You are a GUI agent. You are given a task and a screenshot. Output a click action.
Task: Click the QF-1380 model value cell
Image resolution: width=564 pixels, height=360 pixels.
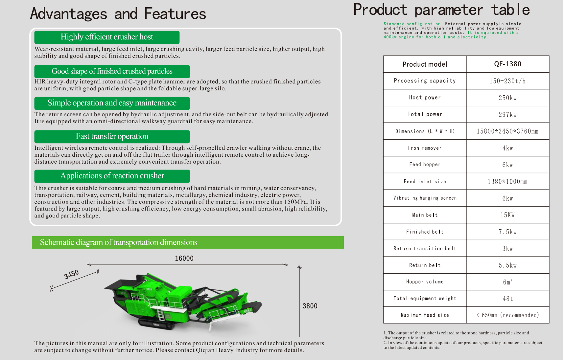pos(507,64)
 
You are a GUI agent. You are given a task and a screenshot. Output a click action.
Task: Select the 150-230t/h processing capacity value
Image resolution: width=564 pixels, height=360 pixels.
pos(507,81)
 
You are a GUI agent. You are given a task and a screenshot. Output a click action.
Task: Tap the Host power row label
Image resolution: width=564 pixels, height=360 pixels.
pos(425,98)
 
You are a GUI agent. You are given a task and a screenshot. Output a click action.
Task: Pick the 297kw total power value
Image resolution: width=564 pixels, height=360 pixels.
pos(507,115)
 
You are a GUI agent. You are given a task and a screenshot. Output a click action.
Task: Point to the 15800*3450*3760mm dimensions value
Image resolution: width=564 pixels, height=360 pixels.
pos(507,131)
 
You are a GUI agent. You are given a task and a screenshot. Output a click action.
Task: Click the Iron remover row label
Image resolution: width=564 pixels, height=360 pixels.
pos(425,148)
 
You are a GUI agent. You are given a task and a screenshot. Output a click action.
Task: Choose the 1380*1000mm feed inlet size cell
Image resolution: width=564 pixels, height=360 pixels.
pos(507,182)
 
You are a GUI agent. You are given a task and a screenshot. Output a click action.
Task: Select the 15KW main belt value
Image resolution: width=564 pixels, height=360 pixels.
pos(507,215)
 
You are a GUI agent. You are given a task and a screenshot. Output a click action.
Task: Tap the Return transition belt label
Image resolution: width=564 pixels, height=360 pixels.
pos(425,249)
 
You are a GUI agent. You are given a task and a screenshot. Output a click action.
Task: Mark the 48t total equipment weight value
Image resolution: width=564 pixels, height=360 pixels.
pos(507,299)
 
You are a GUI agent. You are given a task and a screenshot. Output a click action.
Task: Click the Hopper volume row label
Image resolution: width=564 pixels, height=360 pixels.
pos(425,282)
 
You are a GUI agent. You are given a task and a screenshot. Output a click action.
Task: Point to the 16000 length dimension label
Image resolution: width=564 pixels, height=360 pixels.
pos(184,259)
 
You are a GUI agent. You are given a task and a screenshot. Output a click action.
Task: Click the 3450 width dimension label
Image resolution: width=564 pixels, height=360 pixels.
pos(72,274)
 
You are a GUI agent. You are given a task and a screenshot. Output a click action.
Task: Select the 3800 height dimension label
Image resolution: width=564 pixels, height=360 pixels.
pos(310,306)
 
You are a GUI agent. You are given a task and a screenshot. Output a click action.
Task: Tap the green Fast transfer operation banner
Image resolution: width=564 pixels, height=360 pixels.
pos(112,136)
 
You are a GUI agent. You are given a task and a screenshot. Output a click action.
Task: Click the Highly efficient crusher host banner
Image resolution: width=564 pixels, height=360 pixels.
pos(107,37)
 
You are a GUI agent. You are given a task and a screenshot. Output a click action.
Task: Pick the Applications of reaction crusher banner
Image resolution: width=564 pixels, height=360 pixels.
pos(112,176)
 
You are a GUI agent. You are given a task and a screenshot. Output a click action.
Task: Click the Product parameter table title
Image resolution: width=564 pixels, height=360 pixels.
pos(441,10)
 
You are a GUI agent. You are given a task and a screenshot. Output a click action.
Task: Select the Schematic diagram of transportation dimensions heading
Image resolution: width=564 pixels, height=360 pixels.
pos(119,242)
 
